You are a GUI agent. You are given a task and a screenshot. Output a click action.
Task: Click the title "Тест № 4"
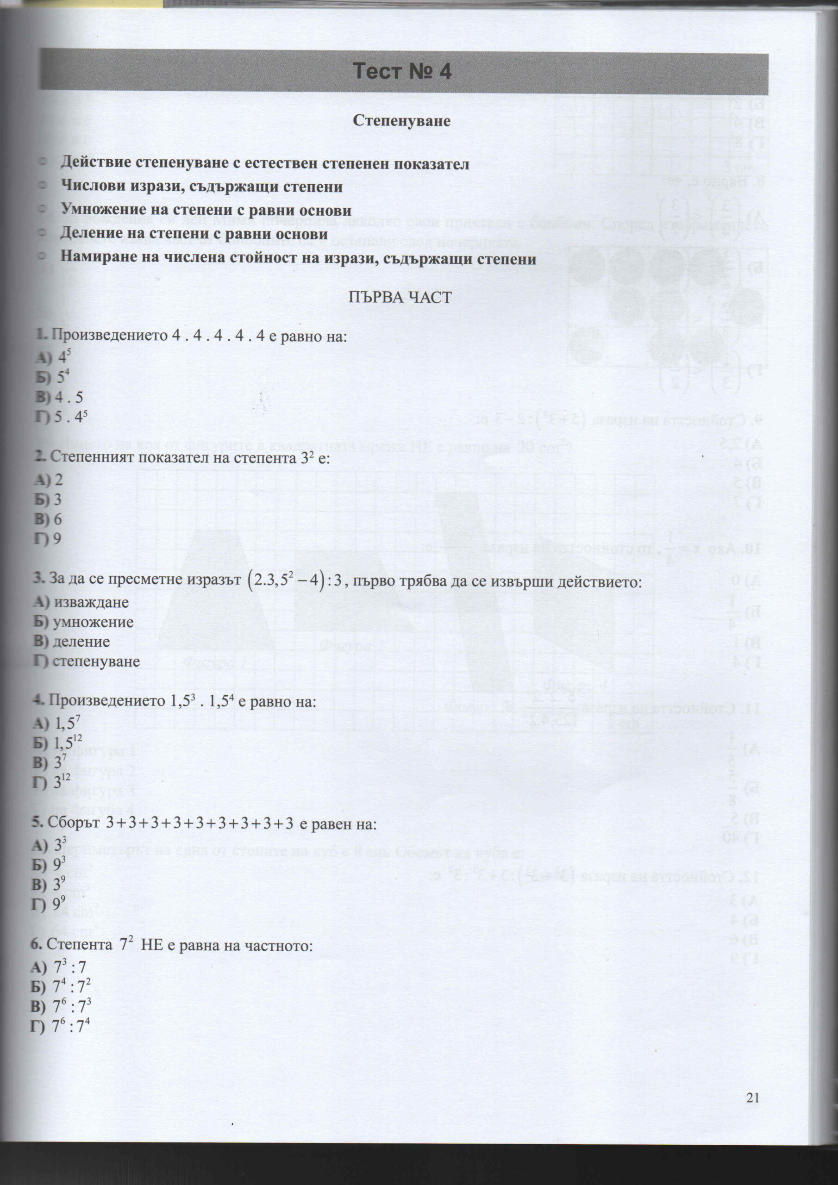[402, 71]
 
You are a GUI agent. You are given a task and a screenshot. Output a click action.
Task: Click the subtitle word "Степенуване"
[401, 120]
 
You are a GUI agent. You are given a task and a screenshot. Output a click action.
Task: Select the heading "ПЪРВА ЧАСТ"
[400, 297]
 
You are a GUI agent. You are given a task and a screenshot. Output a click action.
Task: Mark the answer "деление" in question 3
[81, 642]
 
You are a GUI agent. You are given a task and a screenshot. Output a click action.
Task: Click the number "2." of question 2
[41, 456]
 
